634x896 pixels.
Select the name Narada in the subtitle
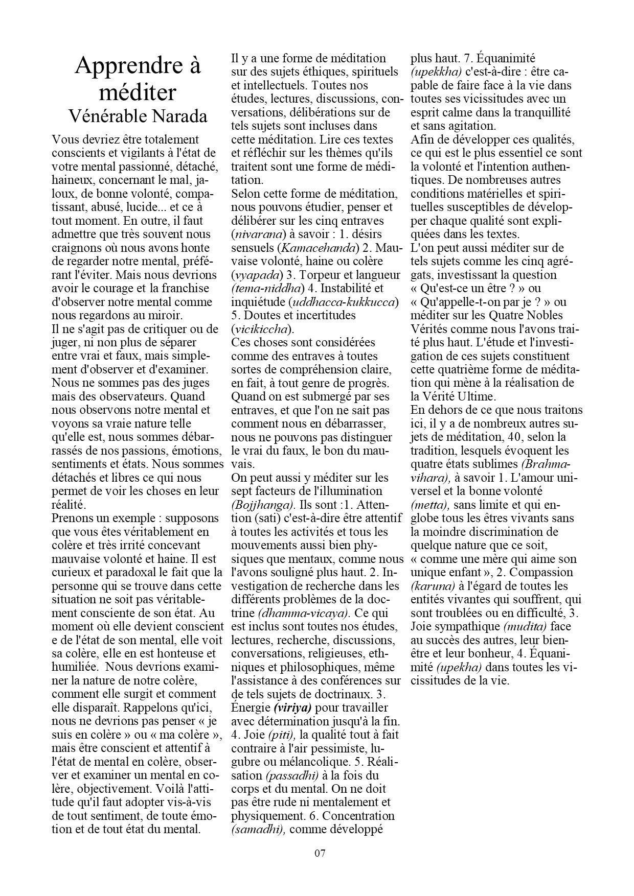tap(180, 117)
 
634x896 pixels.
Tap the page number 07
tap(320, 853)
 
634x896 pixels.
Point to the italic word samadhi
tap(257, 830)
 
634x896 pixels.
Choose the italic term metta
tap(429, 505)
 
